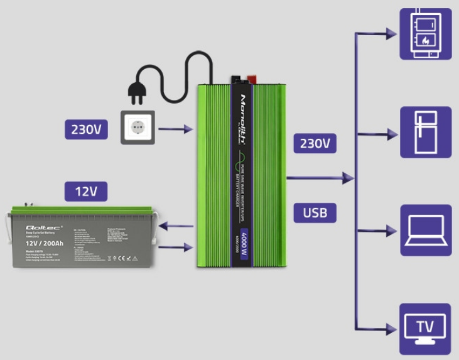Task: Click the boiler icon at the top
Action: point(426,34)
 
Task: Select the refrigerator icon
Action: point(426,132)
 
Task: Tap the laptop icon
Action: point(426,230)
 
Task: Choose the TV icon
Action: point(426,329)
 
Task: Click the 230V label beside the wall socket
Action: point(86,129)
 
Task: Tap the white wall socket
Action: point(138,128)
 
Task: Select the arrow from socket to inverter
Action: point(176,129)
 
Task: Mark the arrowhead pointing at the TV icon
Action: point(393,329)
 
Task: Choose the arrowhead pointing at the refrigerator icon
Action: point(393,134)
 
